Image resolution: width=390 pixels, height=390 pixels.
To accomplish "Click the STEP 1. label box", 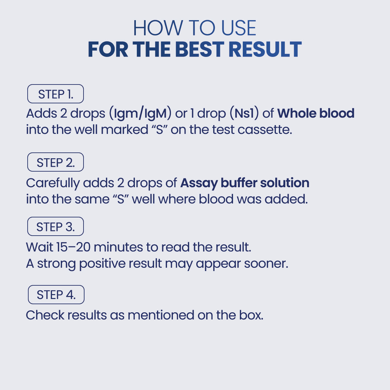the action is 56,94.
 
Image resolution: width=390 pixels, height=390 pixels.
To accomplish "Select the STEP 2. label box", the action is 56,162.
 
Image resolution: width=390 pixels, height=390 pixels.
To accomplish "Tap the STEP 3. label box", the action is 56,226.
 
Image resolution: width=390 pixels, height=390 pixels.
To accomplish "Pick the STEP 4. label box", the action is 56,294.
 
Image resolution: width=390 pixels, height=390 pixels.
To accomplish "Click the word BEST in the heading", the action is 200,49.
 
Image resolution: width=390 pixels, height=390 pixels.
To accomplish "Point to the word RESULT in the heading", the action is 265,49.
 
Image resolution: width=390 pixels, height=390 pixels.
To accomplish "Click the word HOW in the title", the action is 158,28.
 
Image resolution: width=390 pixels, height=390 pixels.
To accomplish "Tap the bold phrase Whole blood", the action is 316,113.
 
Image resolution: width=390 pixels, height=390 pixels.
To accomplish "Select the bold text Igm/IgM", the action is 140,113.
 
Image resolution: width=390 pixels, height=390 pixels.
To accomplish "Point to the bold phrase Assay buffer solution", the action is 245,183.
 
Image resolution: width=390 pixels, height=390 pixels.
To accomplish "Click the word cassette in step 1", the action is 265,130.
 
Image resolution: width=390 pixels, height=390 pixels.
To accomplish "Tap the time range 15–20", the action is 73,247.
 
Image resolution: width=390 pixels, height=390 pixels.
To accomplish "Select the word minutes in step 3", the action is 118,247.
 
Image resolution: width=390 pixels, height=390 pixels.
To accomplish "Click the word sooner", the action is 266,264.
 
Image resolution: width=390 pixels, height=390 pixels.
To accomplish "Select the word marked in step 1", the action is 124,129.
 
